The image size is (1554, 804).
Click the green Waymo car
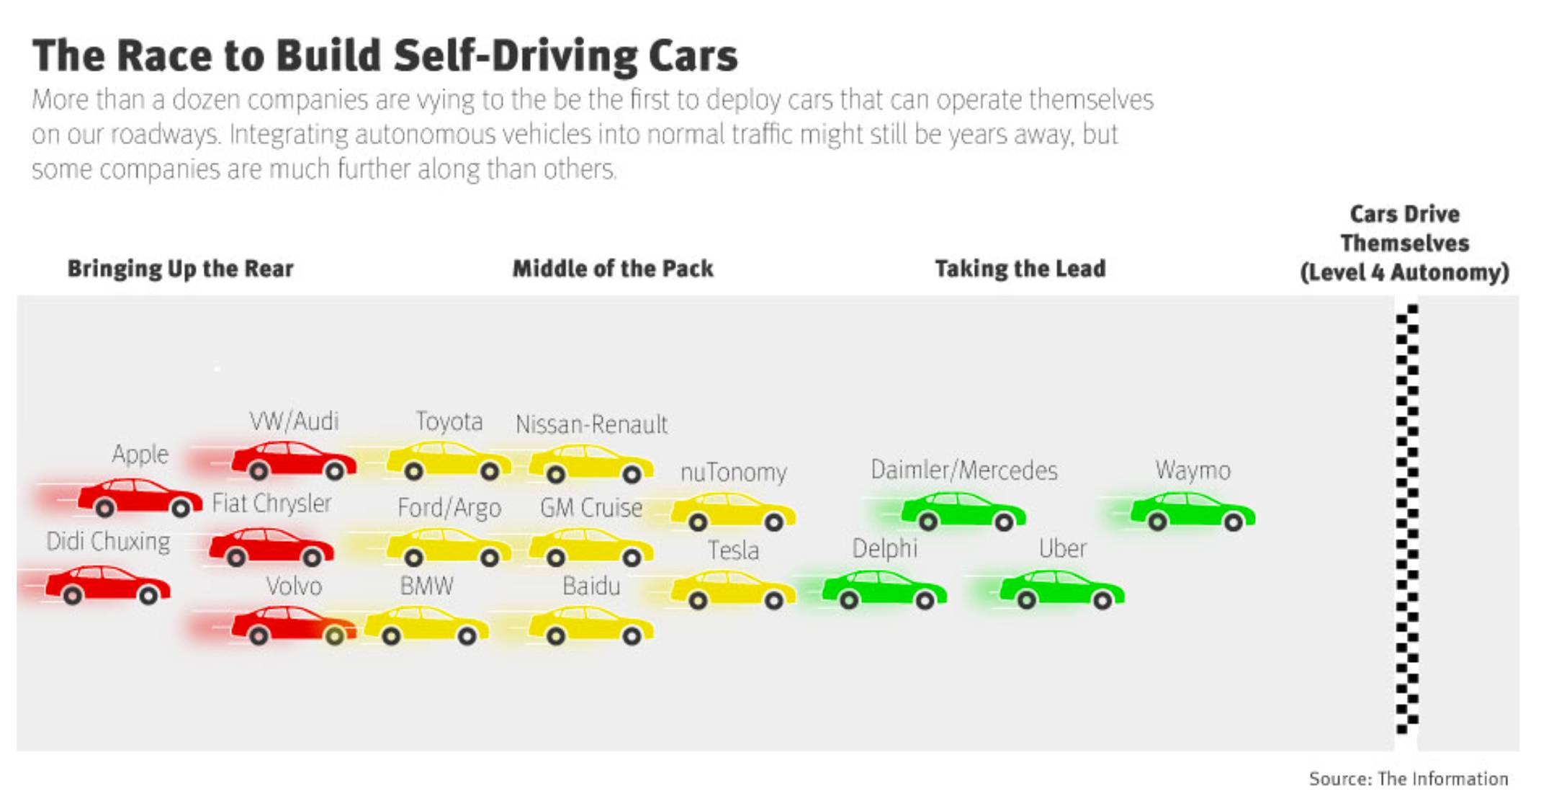(1193, 511)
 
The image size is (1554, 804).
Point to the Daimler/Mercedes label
(964, 470)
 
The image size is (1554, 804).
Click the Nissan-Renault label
(591, 424)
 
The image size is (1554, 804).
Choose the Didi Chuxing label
(108, 541)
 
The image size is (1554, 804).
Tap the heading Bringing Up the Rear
(180, 269)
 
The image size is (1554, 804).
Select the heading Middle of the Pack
(612, 269)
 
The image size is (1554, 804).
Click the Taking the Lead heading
(1020, 269)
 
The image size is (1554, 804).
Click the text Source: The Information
(1408, 779)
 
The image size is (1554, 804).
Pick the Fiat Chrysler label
(271, 503)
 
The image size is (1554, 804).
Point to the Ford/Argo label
(449, 508)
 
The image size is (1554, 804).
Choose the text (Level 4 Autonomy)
(1404, 272)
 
